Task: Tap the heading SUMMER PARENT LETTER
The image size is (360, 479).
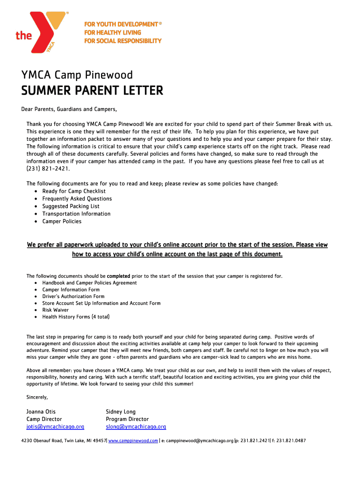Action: pos(92,91)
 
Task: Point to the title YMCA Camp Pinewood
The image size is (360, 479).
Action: pos(77,75)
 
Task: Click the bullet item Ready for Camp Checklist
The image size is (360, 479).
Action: pos(74,191)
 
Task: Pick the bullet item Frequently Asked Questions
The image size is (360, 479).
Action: pos(77,199)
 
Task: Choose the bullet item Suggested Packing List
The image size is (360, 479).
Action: pos(71,206)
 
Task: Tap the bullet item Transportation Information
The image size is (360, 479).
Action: pos(76,214)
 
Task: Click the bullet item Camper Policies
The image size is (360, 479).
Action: pos(62,221)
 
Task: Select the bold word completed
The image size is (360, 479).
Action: pos(118,276)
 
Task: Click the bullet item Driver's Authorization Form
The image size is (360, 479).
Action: pos(73,296)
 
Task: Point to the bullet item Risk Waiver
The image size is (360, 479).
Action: pos(55,310)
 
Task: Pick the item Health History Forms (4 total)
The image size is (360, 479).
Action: pos(76,317)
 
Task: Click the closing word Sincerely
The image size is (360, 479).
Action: pos(37,397)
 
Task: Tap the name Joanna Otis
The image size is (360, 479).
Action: pos(41,412)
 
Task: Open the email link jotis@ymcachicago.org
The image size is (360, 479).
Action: pos(55,427)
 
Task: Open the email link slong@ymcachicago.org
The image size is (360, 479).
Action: pos(136,427)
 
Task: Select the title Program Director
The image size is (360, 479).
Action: pos(127,419)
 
